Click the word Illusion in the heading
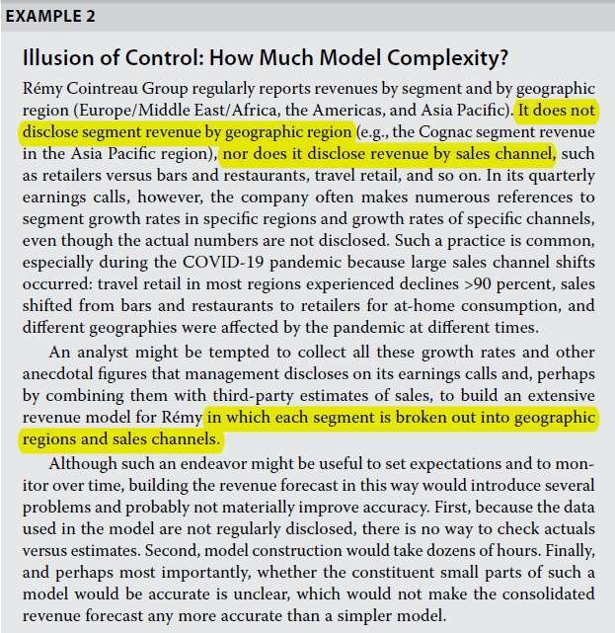coord(52,55)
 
